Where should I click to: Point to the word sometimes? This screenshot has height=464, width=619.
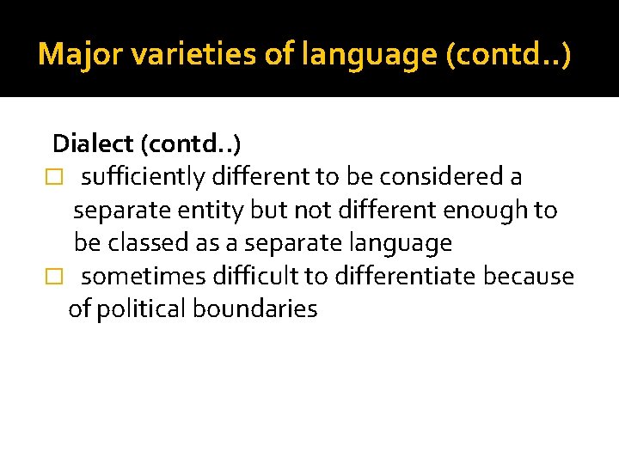pos(147,277)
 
